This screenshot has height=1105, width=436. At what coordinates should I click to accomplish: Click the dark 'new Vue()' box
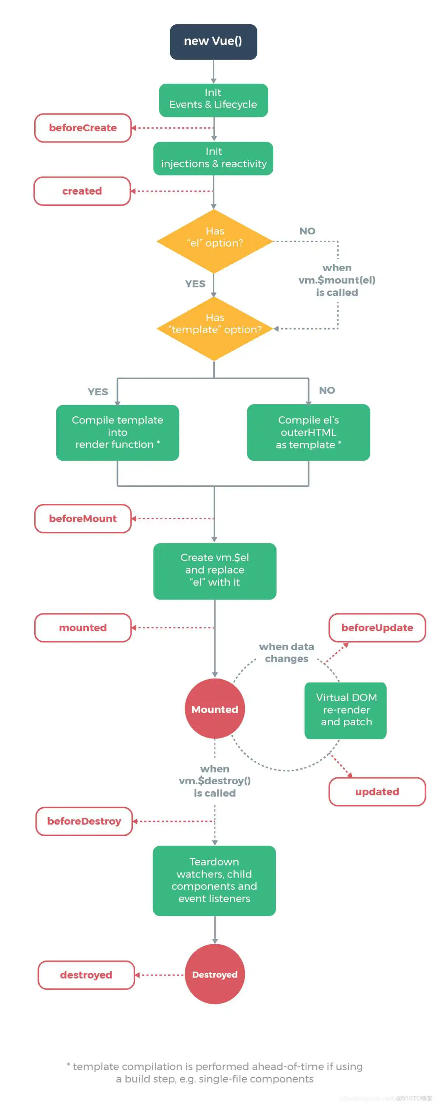click(213, 42)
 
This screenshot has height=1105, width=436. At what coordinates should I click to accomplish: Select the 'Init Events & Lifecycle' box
click(213, 100)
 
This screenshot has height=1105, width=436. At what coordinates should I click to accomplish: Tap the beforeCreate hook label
click(83, 128)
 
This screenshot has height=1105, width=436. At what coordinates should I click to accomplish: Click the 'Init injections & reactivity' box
click(213, 158)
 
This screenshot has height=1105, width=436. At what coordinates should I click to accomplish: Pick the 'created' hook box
click(82, 191)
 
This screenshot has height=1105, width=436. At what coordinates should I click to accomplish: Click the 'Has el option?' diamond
click(214, 241)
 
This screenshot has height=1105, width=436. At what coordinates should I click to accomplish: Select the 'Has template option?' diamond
click(214, 328)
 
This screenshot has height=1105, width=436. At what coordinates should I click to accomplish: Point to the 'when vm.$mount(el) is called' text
click(337, 280)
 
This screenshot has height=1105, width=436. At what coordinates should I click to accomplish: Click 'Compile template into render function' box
click(117, 432)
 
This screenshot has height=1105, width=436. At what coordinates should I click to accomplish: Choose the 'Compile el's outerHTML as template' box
click(308, 432)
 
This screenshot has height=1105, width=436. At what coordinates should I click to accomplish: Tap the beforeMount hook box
click(83, 519)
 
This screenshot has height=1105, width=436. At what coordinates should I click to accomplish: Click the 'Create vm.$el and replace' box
click(214, 571)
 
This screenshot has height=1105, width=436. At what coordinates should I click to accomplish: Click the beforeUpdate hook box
click(377, 628)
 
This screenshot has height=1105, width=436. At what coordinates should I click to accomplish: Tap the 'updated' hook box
click(377, 791)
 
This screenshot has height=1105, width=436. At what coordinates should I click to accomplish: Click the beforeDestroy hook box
click(84, 821)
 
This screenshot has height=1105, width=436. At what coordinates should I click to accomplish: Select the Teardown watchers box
click(214, 880)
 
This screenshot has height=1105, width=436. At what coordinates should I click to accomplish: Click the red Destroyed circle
click(214, 974)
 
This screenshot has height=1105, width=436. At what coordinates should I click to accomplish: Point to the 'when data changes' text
click(286, 652)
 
